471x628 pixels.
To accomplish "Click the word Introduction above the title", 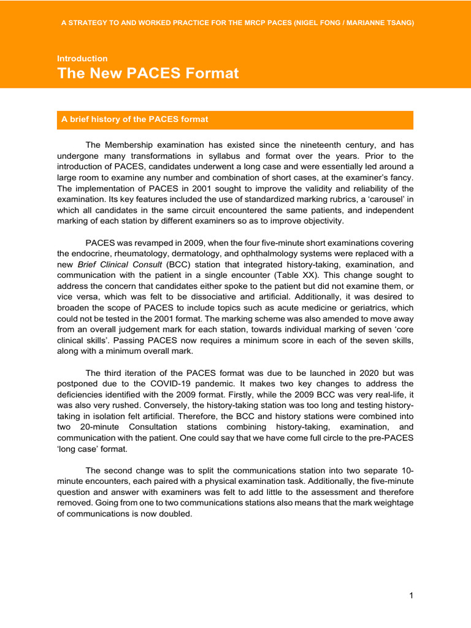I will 82,58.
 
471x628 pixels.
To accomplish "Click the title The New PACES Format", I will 148,74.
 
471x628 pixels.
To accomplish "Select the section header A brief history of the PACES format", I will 135,120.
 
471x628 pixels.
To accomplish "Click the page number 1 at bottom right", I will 412,595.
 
